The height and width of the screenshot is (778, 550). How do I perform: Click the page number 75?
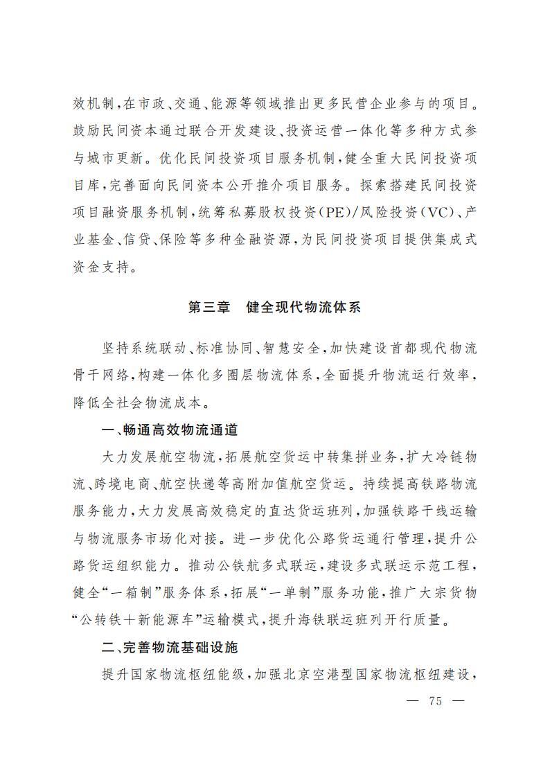click(x=435, y=700)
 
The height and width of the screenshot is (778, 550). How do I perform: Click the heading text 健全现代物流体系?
click(x=303, y=308)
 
